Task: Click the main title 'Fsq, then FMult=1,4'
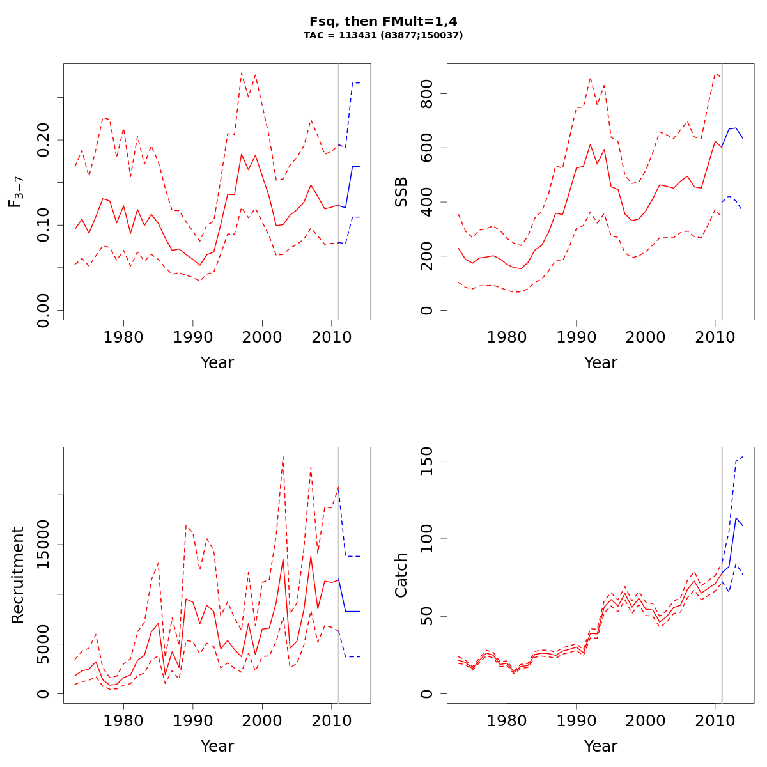(383, 21)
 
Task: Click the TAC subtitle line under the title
(383, 36)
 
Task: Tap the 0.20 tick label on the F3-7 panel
(43, 139)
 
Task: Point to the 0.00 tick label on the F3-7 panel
(43, 310)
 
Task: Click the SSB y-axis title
(401, 192)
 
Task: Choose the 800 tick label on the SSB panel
(427, 94)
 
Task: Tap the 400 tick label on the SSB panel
(427, 202)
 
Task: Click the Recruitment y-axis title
(17, 575)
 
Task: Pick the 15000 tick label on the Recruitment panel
(43, 545)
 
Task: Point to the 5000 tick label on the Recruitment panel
(43, 644)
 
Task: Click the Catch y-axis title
(401, 575)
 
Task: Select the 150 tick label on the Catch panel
(427, 461)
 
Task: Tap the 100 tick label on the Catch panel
(427, 539)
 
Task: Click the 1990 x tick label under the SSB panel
(577, 337)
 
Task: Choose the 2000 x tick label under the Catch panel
(646, 720)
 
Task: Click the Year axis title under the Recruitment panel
(217, 746)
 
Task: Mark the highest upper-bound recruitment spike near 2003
(283, 456)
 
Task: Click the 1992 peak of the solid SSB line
(591, 144)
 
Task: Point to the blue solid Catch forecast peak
(736, 518)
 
